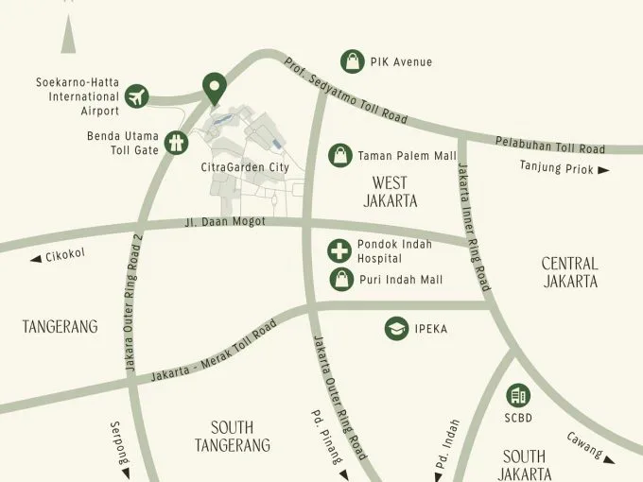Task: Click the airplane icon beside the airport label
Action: (x=138, y=95)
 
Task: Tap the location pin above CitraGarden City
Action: (x=215, y=89)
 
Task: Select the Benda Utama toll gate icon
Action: (x=176, y=142)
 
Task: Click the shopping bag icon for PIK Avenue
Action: (x=353, y=61)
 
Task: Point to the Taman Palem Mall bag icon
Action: (x=339, y=155)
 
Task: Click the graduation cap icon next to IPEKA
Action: (x=395, y=329)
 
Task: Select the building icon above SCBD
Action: (x=518, y=395)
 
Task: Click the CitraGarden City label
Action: (x=245, y=167)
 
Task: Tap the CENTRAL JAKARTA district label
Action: (x=569, y=272)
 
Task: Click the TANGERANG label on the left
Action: (x=60, y=327)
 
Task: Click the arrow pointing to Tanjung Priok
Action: (x=602, y=170)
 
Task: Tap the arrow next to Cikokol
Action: (x=36, y=257)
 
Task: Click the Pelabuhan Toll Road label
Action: (x=549, y=145)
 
